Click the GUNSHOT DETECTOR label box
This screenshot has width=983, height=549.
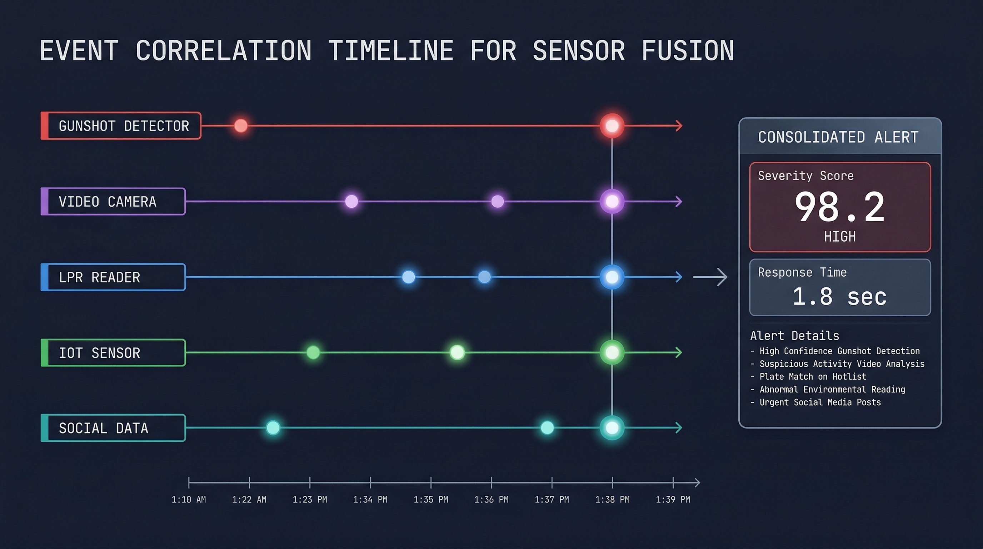[121, 125]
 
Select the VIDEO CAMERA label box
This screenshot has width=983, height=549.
[113, 202]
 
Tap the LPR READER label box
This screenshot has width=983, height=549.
[113, 277]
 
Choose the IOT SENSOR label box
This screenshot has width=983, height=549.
[113, 353]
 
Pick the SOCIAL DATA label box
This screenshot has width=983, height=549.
[113, 428]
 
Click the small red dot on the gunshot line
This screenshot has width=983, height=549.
[241, 125]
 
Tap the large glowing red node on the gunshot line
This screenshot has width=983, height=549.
[612, 125]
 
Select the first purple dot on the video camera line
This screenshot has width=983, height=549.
[351, 201]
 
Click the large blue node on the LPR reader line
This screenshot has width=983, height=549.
[612, 277]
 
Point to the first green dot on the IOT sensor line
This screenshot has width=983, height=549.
[313, 352]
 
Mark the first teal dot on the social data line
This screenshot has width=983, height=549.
[273, 427]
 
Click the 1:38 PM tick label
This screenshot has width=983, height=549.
[612, 499]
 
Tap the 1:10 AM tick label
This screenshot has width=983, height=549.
[189, 499]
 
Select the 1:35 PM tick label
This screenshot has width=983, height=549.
[431, 499]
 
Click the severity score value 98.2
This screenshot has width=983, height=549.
[839, 208]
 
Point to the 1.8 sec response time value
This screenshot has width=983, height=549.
[839, 297]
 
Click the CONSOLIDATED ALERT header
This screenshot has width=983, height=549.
[838, 137]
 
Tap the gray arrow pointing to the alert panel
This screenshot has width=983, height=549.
[710, 277]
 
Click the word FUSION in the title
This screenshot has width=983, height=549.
[688, 51]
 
